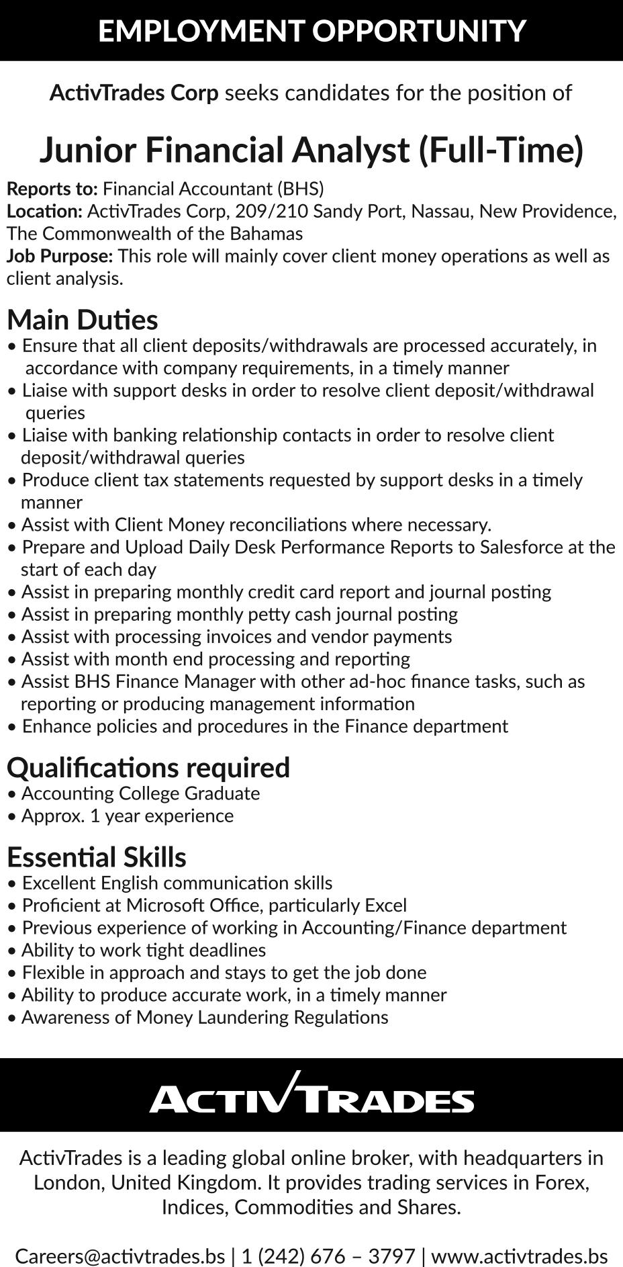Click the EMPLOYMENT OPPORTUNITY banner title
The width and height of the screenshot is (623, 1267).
point(311,31)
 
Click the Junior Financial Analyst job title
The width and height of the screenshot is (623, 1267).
point(311,149)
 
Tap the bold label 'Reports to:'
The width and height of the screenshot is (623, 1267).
point(52,189)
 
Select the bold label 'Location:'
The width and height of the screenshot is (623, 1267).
point(44,211)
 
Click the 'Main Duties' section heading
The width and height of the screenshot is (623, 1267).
point(83,319)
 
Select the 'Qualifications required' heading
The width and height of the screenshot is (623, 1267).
point(148,767)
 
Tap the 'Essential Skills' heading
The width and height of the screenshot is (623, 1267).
point(97,857)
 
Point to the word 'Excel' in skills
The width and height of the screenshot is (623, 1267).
point(385,905)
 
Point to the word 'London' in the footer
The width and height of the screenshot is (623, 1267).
point(68,1182)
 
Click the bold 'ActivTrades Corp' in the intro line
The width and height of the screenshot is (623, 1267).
point(134,93)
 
